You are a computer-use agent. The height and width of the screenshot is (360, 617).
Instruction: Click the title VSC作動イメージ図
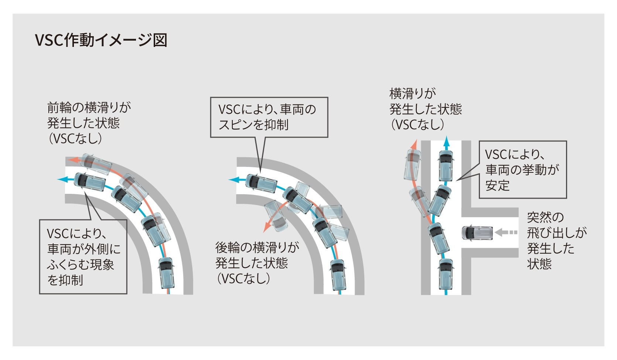point(101,40)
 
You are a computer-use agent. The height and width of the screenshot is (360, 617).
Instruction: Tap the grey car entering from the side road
point(477,233)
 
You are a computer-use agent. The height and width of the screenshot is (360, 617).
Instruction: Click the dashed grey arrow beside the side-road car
point(506,233)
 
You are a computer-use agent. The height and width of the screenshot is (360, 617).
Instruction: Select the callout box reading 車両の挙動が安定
point(522,169)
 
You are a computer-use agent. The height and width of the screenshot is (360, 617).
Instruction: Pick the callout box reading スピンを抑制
point(269,117)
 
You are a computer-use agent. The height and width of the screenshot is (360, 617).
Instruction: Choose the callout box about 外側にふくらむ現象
point(83,257)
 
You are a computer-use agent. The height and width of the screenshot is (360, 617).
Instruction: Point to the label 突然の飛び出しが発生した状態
point(557,240)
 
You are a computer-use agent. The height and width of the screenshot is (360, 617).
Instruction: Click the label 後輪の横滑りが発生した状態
point(257,263)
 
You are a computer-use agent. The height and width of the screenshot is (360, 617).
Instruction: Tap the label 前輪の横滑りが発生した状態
point(89,123)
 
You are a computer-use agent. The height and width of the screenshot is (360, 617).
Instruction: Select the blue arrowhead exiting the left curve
point(62,179)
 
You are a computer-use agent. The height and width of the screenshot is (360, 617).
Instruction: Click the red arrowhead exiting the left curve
point(72,160)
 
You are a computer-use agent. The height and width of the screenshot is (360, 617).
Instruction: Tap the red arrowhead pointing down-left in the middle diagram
point(266,228)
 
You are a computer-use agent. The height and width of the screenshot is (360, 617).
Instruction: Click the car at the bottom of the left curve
point(166,273)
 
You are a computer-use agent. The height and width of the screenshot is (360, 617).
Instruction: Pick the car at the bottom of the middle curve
point(338,275)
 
